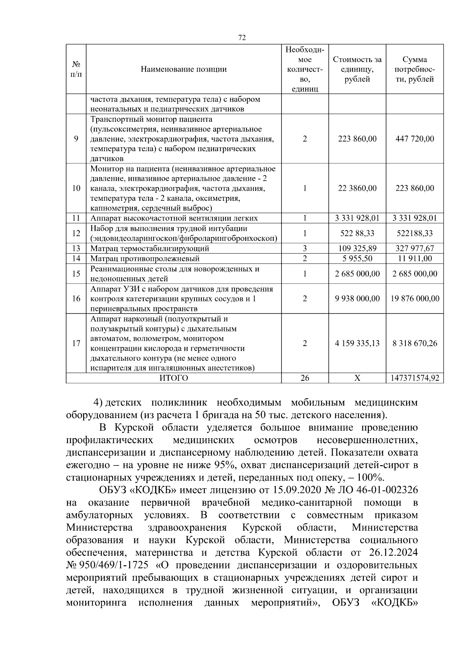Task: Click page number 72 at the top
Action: click(242, 37)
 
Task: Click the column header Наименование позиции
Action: click(184, 69)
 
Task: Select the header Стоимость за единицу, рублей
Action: click(357, 69)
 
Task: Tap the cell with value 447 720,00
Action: click(415, 139)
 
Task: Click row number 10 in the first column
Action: click(76, 188)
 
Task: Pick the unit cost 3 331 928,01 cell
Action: click(357, 218)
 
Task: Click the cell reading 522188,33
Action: click(415, 234)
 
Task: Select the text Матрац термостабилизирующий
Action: click(150, 249)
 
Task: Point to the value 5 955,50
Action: click(357, 259)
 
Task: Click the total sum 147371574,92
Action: click(415, 378)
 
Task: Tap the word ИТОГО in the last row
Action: click(174, 378)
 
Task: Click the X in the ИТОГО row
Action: click(357, 378)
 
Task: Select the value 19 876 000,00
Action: click(415, 299)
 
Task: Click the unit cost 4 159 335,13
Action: click(357, 343)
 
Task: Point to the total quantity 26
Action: click(305, 378)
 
